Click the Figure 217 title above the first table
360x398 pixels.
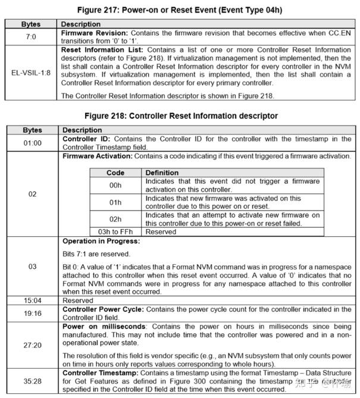click(x=180, y=9)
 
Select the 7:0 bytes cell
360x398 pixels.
click(x=32, y=38)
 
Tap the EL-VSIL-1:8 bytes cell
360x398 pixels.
click(x=32, y=73)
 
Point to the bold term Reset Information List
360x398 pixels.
click(x=102, y=51)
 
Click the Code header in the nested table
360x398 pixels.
click(x=115, y=173)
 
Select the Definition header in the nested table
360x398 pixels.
click(x=162, y=173)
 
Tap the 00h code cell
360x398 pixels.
click(x=115, y=185)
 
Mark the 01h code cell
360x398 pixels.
click(x=115, y=202)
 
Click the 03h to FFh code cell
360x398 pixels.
click(x=115, y=231)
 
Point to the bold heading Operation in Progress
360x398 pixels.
click(x=101, y=242)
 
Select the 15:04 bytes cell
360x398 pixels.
click(x=32, y=300)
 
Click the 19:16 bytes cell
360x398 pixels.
click(x=32, y=314)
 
